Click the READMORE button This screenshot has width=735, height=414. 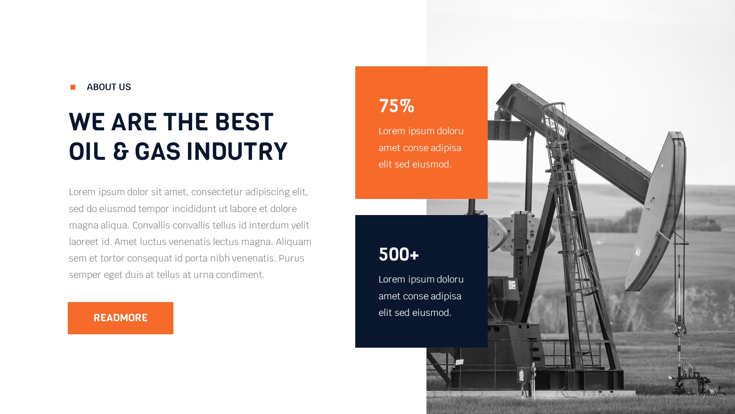click(120, 318)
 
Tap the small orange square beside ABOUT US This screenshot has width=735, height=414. click(73, 87)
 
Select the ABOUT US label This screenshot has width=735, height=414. click(109, 87)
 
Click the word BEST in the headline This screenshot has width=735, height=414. click(244, 122)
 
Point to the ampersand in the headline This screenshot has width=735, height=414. click(121, 151)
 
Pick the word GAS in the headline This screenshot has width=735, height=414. click(157, 151)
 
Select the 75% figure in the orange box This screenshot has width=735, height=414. click(396, 106)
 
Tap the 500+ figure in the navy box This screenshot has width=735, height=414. click(399, 254)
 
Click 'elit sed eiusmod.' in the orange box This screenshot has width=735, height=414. click(415, 164)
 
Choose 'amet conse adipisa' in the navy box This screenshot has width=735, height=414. click(420, 296)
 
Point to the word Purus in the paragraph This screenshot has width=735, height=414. click(291, 258)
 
